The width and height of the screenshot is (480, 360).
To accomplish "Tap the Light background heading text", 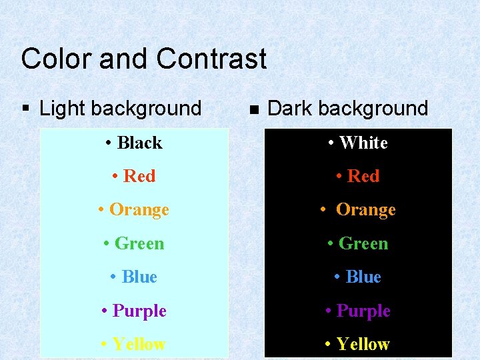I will [x=120, y=108].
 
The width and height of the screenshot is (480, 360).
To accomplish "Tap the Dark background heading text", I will [x=347, y=108].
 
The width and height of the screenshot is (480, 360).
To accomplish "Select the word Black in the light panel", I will [x=139, y=143].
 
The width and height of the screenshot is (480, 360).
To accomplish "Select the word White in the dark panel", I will [x=363, y=143].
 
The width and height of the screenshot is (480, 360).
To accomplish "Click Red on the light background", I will [x=139, y=176].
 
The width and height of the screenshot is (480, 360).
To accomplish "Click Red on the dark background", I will [x=363, y=176].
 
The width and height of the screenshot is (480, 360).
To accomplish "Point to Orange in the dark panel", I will [x=365, y=210].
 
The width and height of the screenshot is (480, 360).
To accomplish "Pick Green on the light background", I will [x=139, y=243].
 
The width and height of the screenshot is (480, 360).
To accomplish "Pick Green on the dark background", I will [x=363, y=243].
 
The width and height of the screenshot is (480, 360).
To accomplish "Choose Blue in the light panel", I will [x=139, y=277].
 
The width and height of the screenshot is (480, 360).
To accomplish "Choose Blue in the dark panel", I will [x=363, y=277].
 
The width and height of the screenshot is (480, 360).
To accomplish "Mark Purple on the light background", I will [x=139, y=311].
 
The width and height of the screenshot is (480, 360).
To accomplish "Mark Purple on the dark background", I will [x=363, y=311].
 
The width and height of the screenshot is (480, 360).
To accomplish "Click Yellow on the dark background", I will [x=363, y=344].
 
